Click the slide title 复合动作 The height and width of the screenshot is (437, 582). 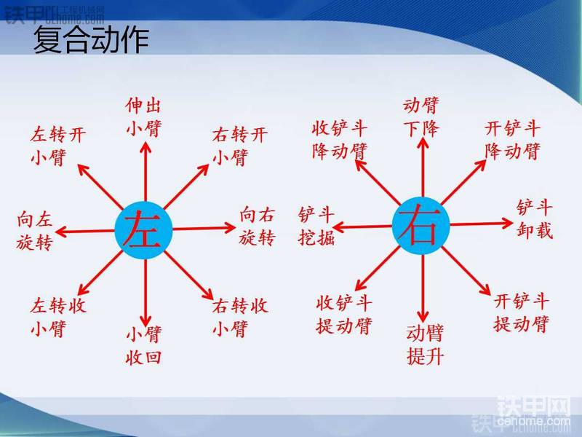(x=91, y=40)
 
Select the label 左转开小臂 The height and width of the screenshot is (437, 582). (x=58, y=146)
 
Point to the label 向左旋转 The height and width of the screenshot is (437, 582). (x=34, y=232)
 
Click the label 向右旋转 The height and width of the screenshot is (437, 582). (x=258, y=226)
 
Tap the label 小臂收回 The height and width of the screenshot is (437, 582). (x=143, y=345)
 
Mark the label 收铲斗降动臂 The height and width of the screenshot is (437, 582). (x=340, y=141)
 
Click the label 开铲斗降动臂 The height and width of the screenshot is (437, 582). (x=513, y=141)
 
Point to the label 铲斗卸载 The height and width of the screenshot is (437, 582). (x=535, y=219)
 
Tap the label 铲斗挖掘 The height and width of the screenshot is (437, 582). (x=316, y=226)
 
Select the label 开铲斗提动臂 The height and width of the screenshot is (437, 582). (x=522, y=312)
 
